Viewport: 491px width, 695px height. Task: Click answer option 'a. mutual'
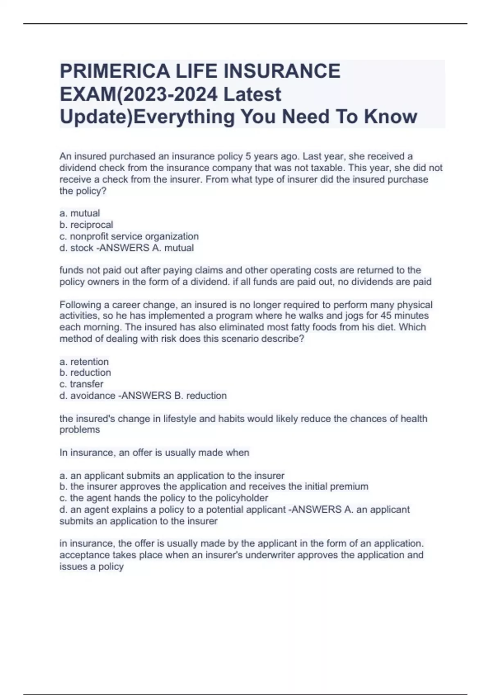tap(80, 213)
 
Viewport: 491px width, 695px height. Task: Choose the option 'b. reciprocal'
tap(86, 225)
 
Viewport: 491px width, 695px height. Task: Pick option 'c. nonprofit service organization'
tap(129, 236)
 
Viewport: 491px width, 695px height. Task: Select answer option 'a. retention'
tap(84, 361)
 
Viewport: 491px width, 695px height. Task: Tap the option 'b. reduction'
tap(85, 372)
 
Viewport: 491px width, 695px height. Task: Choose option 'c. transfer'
tap(81, 384)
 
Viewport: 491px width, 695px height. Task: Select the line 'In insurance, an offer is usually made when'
tap(154, 453)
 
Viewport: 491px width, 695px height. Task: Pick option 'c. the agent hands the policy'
tap(164, 498)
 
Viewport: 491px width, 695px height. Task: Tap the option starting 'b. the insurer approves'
tap(214, 486)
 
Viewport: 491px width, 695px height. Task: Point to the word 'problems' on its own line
tap(80, 430)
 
